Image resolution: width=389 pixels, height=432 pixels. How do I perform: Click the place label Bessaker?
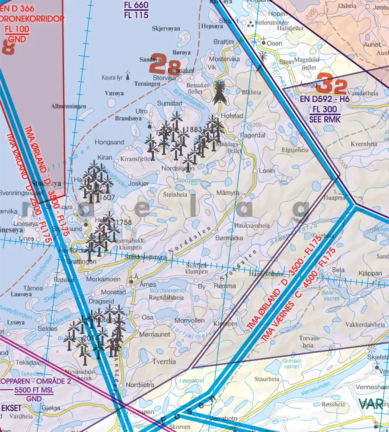[181, 70]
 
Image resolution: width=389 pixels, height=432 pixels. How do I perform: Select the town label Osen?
[274, 43]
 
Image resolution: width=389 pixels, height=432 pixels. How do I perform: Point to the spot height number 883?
[195, 129]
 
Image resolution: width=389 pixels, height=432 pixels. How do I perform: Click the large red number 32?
[332, 84]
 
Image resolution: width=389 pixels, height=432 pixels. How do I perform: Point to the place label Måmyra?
[228, 192]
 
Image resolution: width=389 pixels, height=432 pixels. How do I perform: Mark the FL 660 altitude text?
[136, 5]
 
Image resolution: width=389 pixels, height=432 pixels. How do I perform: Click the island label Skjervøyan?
[166, 29]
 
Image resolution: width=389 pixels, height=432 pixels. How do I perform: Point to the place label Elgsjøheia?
[295, 150]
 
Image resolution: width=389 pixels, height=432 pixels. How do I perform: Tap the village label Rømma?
[227, 286]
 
